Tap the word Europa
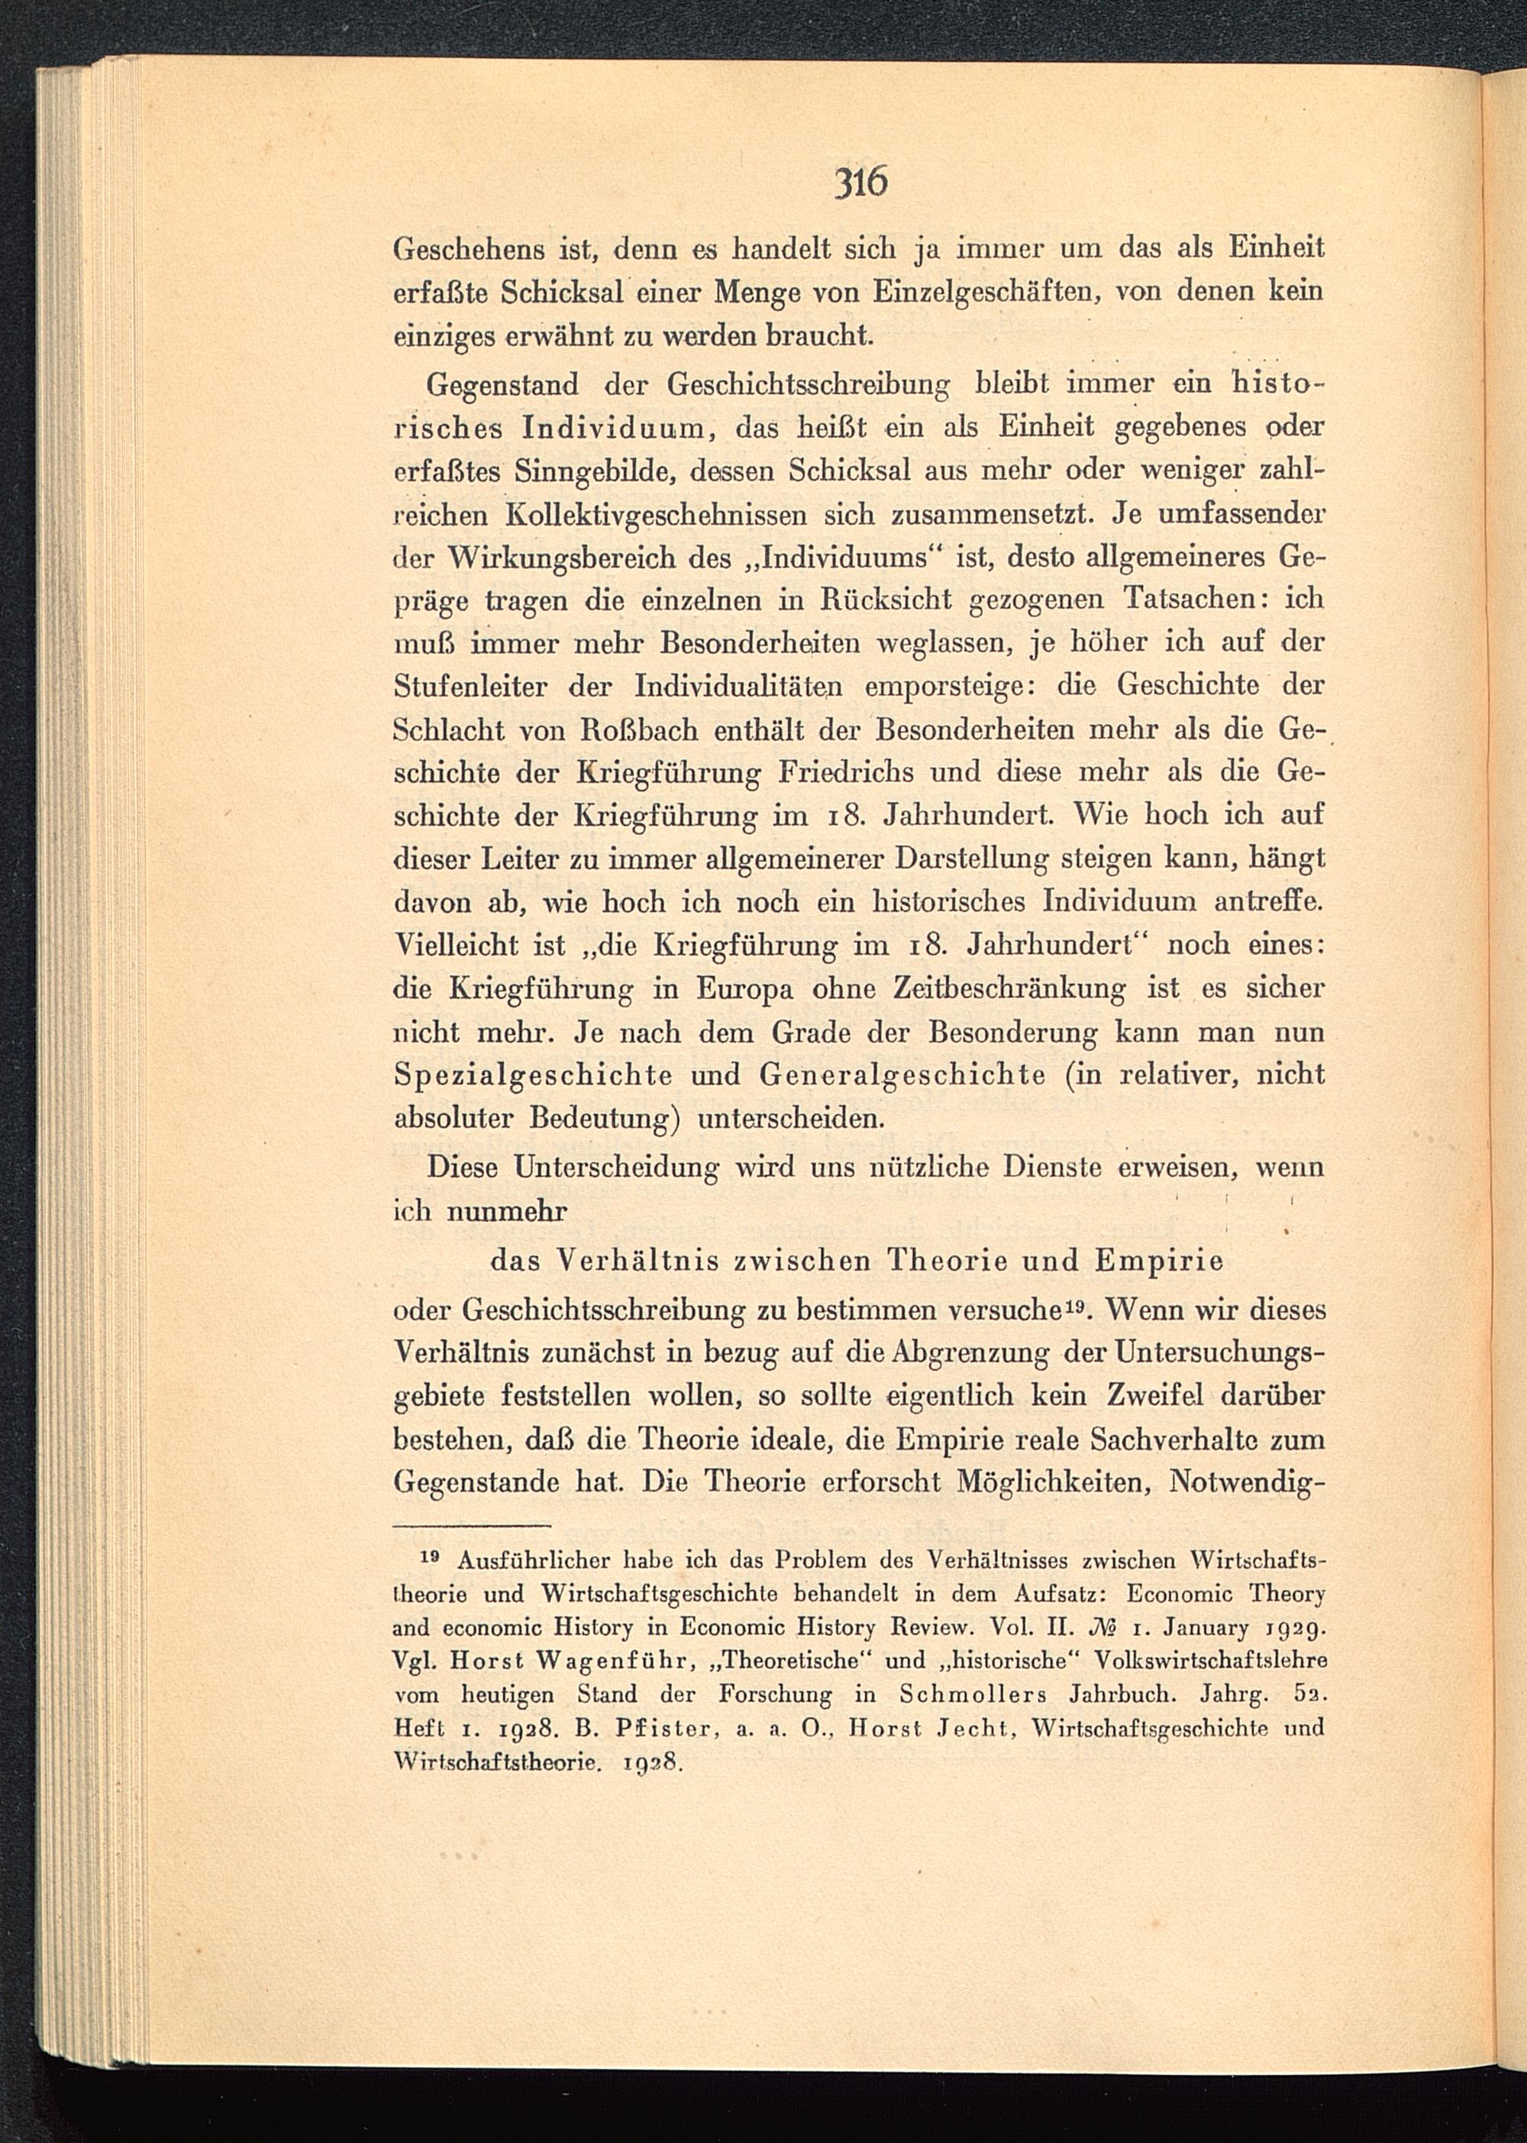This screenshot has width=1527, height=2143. [x=747, y=988]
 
